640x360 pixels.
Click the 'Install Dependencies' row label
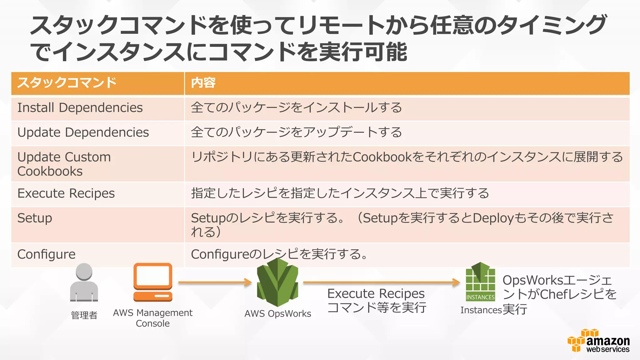click(x=80, y=108)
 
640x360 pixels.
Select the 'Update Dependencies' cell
click(x=83, y=132)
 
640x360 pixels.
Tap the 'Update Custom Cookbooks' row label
click(x=64, y=164)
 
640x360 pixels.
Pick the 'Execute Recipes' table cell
click(x=66, y=193)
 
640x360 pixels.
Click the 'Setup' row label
click(x=35, y=218)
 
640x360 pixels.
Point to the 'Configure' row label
click(x=46, y=254)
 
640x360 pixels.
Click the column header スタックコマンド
click(x=67, y=83)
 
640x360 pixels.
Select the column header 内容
click(x=203, y=83)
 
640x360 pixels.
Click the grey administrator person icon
click(x=84, y=282)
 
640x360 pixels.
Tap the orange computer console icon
click(x=153, y=282)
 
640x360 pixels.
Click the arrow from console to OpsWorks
click(x=215, y=282)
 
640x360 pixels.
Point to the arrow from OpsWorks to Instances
click(x=381, y=282)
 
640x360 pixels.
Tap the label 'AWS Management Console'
click(x=152, y=318)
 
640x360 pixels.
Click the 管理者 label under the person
click(x=84, y=315)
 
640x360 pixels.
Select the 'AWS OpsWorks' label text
click(x=277, y=314)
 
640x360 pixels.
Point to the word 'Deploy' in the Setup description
click(x=493, y=218)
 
